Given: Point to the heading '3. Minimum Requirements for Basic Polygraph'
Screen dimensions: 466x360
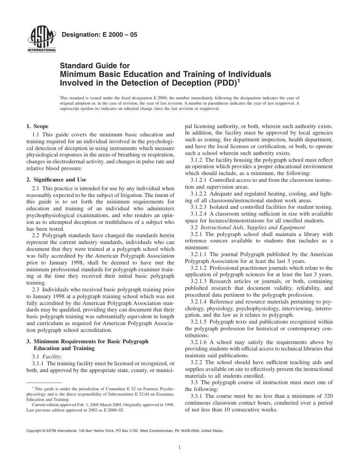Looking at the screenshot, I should [88, 341].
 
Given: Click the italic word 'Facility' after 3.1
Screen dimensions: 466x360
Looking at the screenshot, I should [53, 357].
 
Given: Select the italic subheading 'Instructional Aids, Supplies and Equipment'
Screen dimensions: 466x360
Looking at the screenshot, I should [252, 227].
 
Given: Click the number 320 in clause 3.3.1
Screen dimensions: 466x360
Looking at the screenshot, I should [328, 396].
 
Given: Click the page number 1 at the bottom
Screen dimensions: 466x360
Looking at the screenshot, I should [180, 447].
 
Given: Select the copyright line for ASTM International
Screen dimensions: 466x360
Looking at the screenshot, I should [125, 431].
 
